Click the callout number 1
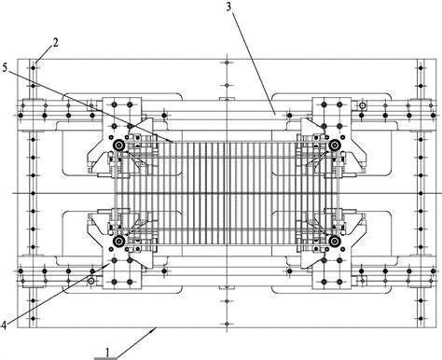coord(107,353)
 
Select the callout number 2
coord(55,42)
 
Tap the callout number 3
coord(228,7)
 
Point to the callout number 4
coord(4,325)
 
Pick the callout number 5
coord(5,67)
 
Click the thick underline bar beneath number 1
coord(106,358)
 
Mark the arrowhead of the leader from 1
coord(154,329)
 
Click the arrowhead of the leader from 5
coord(171,141)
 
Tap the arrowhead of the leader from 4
coord(108,264)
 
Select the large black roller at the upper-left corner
coord(118,145)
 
